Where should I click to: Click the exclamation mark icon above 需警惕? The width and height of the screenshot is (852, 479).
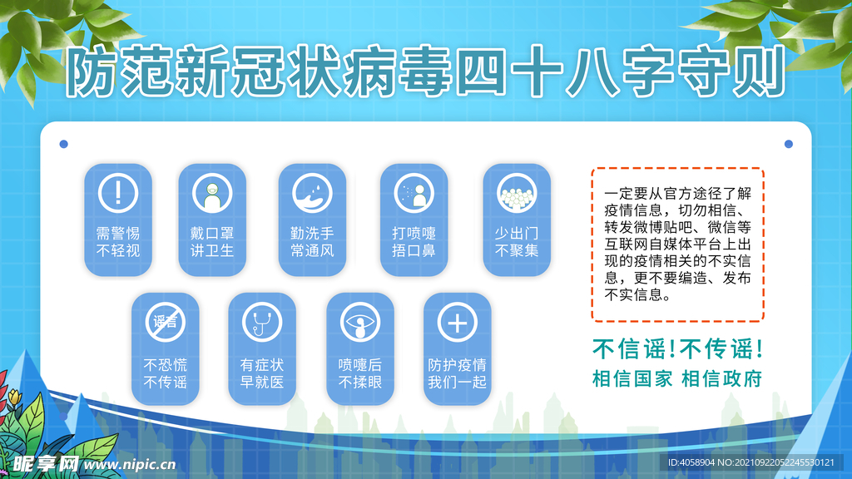[118, 193]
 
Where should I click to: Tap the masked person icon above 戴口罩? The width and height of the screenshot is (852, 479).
[212, 193]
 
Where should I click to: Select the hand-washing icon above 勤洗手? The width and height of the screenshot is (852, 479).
[312, 193]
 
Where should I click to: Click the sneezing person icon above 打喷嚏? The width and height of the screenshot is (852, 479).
[414, 193]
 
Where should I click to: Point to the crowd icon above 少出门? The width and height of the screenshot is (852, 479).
[516, 193]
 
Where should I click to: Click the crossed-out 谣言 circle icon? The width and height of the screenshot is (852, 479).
[166, 322]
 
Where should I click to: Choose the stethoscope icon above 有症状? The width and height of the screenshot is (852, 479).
[262, 322]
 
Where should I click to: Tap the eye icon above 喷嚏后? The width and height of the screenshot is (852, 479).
[359, 322]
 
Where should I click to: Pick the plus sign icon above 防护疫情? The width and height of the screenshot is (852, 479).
[457, 322]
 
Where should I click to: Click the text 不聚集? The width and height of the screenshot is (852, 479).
[516, 251]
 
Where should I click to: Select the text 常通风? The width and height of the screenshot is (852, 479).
[312, 251]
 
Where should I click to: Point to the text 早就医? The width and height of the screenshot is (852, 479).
[262, 383]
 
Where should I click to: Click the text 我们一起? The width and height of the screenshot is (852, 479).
[457, 383]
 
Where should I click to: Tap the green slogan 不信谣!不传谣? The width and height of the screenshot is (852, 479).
[677, 349]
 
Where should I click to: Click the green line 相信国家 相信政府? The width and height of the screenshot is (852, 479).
[677, 379]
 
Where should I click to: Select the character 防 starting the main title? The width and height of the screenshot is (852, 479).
[92, 72]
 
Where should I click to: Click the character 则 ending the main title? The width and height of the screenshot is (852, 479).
[760, 72]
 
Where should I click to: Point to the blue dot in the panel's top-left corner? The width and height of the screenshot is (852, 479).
[63, 144]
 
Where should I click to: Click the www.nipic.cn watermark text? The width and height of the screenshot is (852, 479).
[130, 464]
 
